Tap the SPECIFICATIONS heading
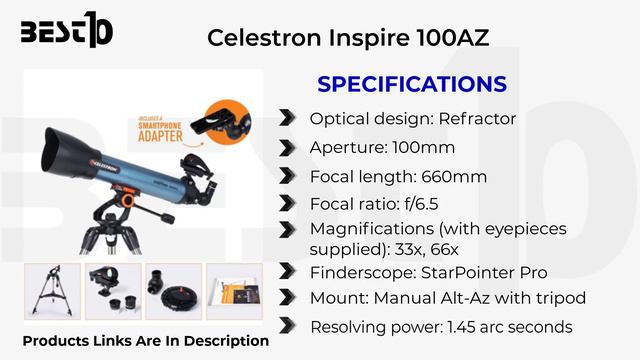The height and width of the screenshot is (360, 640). (x=411, y=84)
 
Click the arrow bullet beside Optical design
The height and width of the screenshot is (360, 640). (x=288, y=119)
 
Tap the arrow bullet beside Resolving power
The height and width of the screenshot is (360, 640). (x=288, y=326)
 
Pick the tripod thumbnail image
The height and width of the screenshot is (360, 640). (x=52, y=291)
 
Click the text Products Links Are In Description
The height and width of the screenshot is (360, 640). (x=146, y=342)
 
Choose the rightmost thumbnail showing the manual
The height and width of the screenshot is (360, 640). (x=234, y=291)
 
